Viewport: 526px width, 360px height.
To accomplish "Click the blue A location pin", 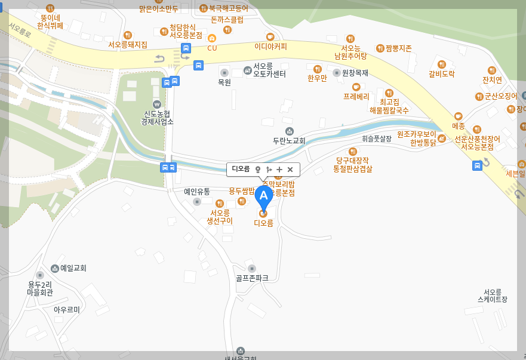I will pyautogui.click(x=263, y=196).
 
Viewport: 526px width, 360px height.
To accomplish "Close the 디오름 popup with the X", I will pyautogui.click(x=290, y=170).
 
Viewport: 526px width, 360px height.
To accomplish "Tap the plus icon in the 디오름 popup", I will pyautogui.click(x=279, y=170).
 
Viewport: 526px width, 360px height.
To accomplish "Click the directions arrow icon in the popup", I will pyautogui.click(x=269, y=170).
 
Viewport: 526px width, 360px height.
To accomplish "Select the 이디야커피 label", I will pyautogui.click(x=270, y=46).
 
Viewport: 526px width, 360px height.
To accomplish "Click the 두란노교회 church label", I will pyautogui.click(x=289, y=141).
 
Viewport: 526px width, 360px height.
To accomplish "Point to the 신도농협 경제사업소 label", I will pyautogui.click(x=157, y=117).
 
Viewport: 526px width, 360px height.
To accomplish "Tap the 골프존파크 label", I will pyautogui.click(x=251, y=278).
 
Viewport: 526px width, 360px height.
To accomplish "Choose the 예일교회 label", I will pyautogui.click(x=73, y=268).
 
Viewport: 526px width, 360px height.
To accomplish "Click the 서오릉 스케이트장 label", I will pyautogui.click(x=492, y=296).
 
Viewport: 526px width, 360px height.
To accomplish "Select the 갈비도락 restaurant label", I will pyautogui.click(x=442, y=74).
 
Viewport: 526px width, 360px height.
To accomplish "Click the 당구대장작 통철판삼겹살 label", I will pyautogui.click(x=352, y=164).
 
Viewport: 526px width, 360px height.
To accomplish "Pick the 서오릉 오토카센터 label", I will pyautogui.click(x=269, y=70).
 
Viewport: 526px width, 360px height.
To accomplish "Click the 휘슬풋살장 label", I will pyautogui.click(x=376, y=139).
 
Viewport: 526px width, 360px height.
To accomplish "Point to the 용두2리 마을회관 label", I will pyautogui.click(x=40, y=288).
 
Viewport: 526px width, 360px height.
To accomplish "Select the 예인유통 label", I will pyautogui.click(x=196, y=192).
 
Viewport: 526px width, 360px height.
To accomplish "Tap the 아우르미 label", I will pyautogui.click(x=66, y=309).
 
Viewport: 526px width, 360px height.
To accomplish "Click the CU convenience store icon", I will pyautogui.click(x=212, y=38).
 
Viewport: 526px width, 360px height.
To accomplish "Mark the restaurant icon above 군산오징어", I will pyautogui.click(x=492, y=70).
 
